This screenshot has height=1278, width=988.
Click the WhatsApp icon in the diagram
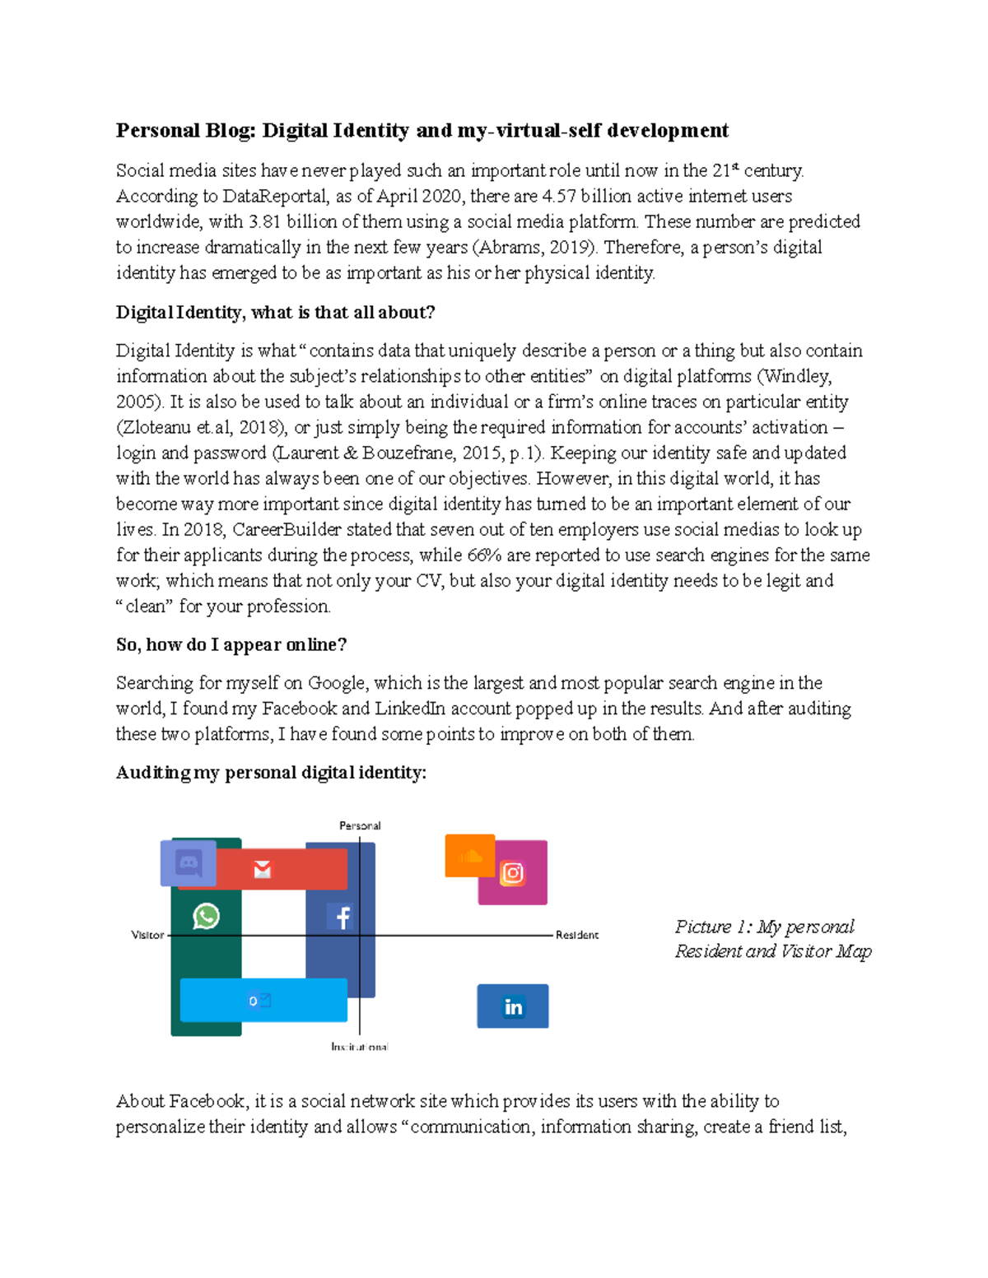coord(206,916)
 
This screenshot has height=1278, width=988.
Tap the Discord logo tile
coord(189,863)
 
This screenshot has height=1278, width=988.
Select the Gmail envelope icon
coord(263,870)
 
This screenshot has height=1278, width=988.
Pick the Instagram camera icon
coord(513,873)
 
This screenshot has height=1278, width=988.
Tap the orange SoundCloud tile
coord(469,856)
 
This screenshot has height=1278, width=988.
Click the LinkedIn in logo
coord(513,1006)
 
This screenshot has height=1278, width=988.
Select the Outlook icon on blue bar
coord(260,1001)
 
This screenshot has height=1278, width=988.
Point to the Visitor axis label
coord(147,935)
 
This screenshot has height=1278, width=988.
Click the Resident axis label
coord(577,935)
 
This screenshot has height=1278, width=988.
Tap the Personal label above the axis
coord(360,825)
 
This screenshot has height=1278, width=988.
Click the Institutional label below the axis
coord(360,1047)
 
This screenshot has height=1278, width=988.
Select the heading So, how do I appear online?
coord(231,644)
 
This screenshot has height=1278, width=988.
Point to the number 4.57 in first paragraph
coord(559,196)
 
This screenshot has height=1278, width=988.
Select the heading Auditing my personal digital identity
coord(271,772)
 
